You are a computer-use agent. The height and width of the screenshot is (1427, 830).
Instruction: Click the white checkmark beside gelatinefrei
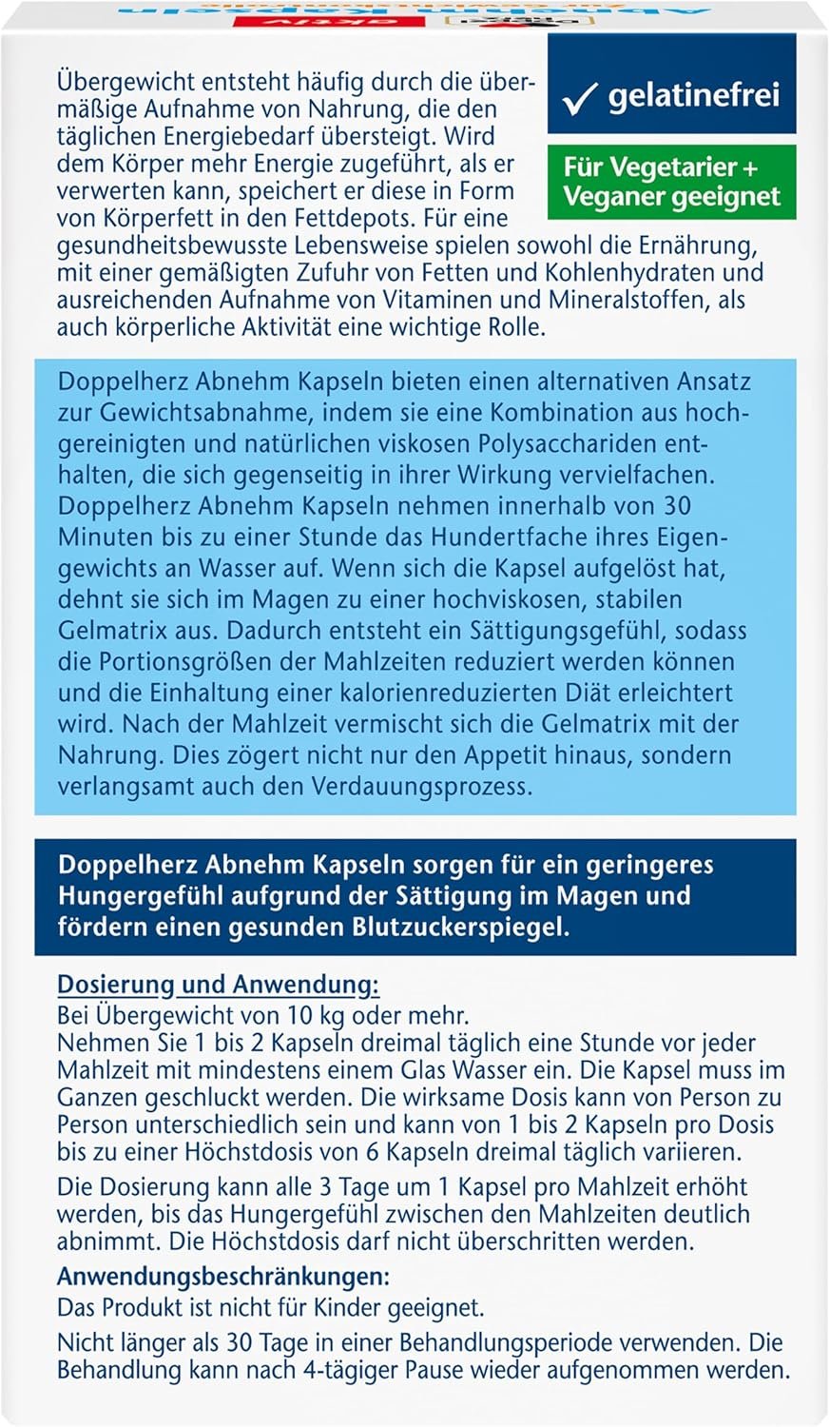coord(579,98)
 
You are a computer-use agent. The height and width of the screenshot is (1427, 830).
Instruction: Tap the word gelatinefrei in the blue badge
coord(693,95)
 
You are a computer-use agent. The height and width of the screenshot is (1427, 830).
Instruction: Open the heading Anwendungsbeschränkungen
coord(223,1277)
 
